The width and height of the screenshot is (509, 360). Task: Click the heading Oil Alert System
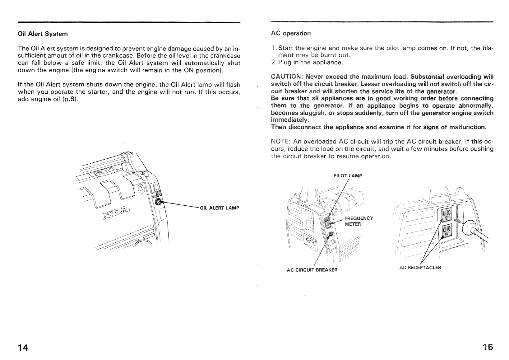[x=43, y=34]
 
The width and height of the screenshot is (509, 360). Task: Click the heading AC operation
[x=291, y=33]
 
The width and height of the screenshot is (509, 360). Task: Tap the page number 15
[x=488, y=347]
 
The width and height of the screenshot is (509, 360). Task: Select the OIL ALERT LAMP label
[x=220, y=208]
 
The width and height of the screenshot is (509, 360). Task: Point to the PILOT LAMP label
[x=348, y=175]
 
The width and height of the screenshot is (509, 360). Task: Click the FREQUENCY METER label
[x=359, y=221]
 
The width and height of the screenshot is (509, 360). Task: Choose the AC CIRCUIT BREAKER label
[x=312, y=270]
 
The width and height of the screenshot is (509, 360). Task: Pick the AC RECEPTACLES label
[x=420, y=267]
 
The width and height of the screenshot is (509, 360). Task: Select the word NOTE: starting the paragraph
[x=280, y=142]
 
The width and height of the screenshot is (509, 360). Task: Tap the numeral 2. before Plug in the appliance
[x=273, y=62]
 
